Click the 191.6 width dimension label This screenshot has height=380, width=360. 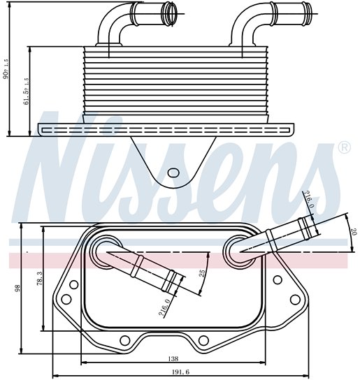point(180,372)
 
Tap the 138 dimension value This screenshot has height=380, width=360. point(173,358)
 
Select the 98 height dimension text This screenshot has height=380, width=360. point(17,288)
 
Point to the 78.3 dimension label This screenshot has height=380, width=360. point(40,278)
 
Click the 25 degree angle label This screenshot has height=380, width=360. point(202,273)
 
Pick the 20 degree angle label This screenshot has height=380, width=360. point(355,231)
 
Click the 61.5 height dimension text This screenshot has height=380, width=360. point(26,91)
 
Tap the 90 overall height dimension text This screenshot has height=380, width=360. point(6,69)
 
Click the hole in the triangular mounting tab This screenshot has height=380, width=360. point(173,173)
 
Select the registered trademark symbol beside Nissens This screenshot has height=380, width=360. point(344,148)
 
